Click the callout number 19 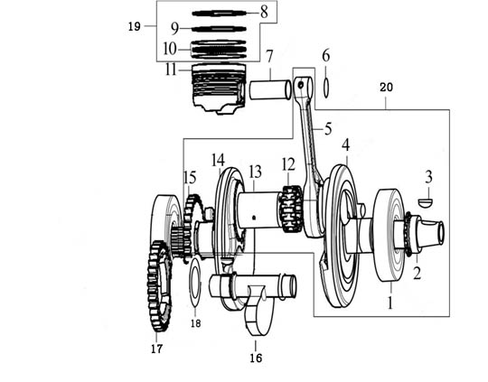coord(135,27)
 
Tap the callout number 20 coord(386,88)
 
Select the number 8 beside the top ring coord(264,13)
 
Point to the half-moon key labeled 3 coord(425,202)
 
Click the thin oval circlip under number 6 coord(326,88)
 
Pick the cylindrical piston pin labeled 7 coord(270,89)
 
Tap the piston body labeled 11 coord(219,89)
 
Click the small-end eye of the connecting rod coord(304,85)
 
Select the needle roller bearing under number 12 coord(292,209)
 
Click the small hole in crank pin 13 coord(254,218)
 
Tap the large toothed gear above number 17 coord(159,286)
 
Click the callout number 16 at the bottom coord(256,359)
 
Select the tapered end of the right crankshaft coord(432,232)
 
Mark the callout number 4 coord(346,145)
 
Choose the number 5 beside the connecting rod coord(328,128)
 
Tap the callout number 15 coord(190,177)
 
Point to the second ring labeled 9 coord(219,29)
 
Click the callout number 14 coord(218,161)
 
